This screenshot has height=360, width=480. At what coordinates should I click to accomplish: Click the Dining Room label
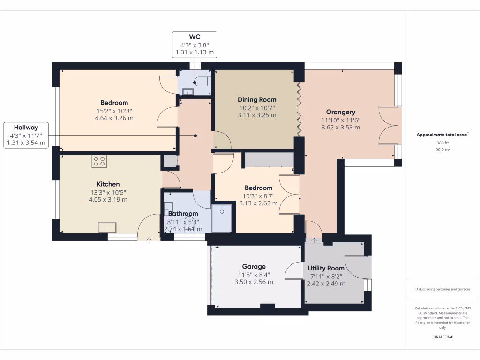(x=257, y=99)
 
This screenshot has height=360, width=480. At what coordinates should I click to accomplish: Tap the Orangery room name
(x=341, y=112)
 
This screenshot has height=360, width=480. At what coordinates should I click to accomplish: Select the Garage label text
(x=254, y=266)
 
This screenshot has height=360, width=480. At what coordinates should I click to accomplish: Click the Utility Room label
(x=326, y=268)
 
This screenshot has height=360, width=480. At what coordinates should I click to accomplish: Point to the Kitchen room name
(x=108, y=184)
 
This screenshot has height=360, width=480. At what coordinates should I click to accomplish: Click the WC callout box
(x=195, y=44)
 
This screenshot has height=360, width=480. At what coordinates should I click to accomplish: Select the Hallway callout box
(x=26, y=135)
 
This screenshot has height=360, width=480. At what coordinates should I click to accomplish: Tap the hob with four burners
(x=99, y=161)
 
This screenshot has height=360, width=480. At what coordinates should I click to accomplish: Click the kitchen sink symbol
(x=107, y=227)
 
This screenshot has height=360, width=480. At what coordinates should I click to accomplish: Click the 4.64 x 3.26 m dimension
(x=114, y=118)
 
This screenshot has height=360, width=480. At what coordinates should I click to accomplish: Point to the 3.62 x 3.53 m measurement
(x=341, y=127)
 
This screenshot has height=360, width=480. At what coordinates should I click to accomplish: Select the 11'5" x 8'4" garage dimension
(x=254, y=275)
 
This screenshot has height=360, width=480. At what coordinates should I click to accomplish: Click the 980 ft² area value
(x=442, y=142)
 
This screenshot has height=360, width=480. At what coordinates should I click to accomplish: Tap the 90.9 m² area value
(x=442, y=150)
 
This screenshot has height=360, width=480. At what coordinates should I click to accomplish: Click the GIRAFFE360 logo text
(x=442, y=337)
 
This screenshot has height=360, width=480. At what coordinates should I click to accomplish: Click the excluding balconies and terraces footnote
(x=442, y=289)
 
